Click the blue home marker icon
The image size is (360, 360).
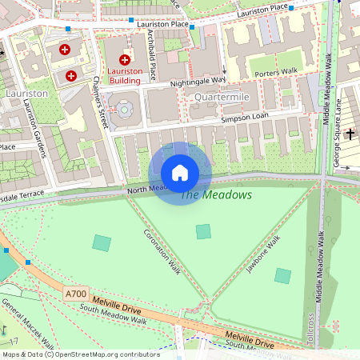180,173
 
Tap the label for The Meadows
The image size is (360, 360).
215,194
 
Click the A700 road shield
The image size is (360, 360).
76,294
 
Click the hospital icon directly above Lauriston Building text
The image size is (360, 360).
125,60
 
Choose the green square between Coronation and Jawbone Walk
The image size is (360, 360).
203,231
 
